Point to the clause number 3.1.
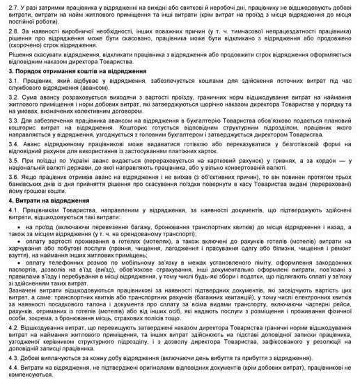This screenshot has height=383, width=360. (11, 82)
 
